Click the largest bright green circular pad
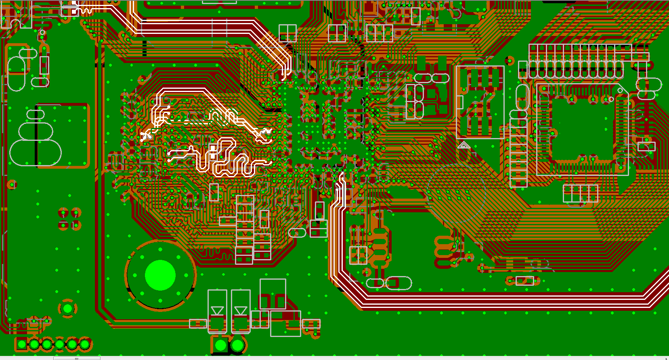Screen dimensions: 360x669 point(160,275)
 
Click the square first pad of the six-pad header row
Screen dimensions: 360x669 point(22,345)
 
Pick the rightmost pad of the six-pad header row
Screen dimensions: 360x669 point(85,345)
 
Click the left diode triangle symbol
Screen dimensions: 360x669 point(217,311)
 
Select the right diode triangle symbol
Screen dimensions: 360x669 point(241,311)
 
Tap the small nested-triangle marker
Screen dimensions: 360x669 point(464,145)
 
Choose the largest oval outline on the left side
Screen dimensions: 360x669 point(36,153)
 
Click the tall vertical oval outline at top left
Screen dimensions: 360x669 point(17,73)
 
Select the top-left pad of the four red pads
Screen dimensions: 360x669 point(63,213)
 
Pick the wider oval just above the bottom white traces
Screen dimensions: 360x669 point(399,283)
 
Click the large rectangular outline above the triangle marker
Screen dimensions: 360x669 point(480,103)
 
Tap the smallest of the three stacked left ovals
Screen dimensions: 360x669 point(36,115)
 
